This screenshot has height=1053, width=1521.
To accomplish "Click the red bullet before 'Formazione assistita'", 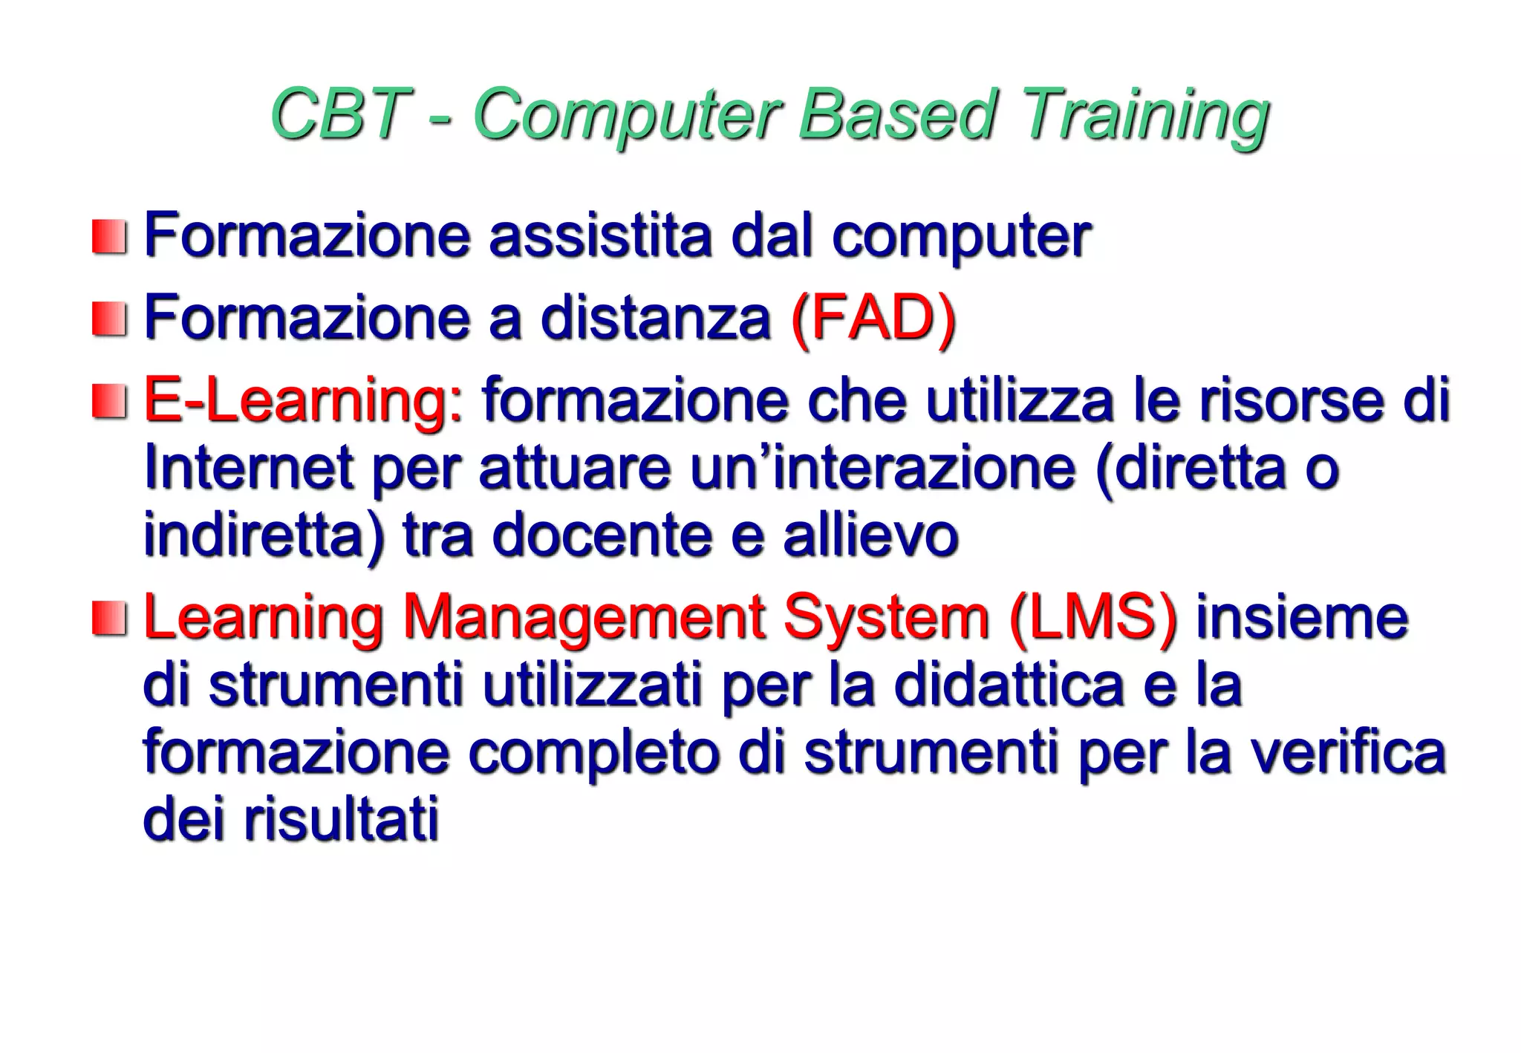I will point(108,237).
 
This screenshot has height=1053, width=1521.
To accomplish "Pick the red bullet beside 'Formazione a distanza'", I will point(108,319).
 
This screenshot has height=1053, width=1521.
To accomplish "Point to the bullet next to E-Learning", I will point(108,401).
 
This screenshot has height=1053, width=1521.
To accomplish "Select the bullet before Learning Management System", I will point(108,618).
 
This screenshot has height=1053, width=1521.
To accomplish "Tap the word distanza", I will point(655,319).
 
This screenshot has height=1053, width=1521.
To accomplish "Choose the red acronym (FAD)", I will point(873,319).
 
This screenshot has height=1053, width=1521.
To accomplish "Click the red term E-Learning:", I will point(303,401).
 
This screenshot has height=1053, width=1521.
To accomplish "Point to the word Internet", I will point(248,468).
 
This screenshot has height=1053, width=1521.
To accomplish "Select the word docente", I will point(602,535).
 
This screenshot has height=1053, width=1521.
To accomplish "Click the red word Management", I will point(583,618).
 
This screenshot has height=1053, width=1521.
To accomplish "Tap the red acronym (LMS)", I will point(1092,618).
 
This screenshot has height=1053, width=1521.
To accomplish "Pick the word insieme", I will point(1301,618).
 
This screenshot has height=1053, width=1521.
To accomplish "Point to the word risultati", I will point(342,819).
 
